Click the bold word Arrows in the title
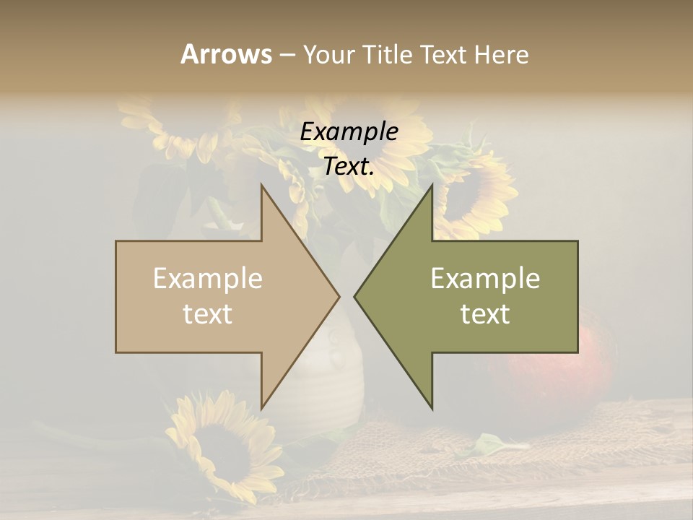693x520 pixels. point(226,54)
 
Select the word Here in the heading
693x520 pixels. point(501,54)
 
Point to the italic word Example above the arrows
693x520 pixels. point(349,131)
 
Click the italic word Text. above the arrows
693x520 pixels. point(349,167)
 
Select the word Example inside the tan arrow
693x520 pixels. point(207,279)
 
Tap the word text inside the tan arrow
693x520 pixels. point(207,314)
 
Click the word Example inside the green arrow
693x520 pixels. point(485,279)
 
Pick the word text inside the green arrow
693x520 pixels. point(485,314)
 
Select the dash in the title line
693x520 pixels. point(287,55)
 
